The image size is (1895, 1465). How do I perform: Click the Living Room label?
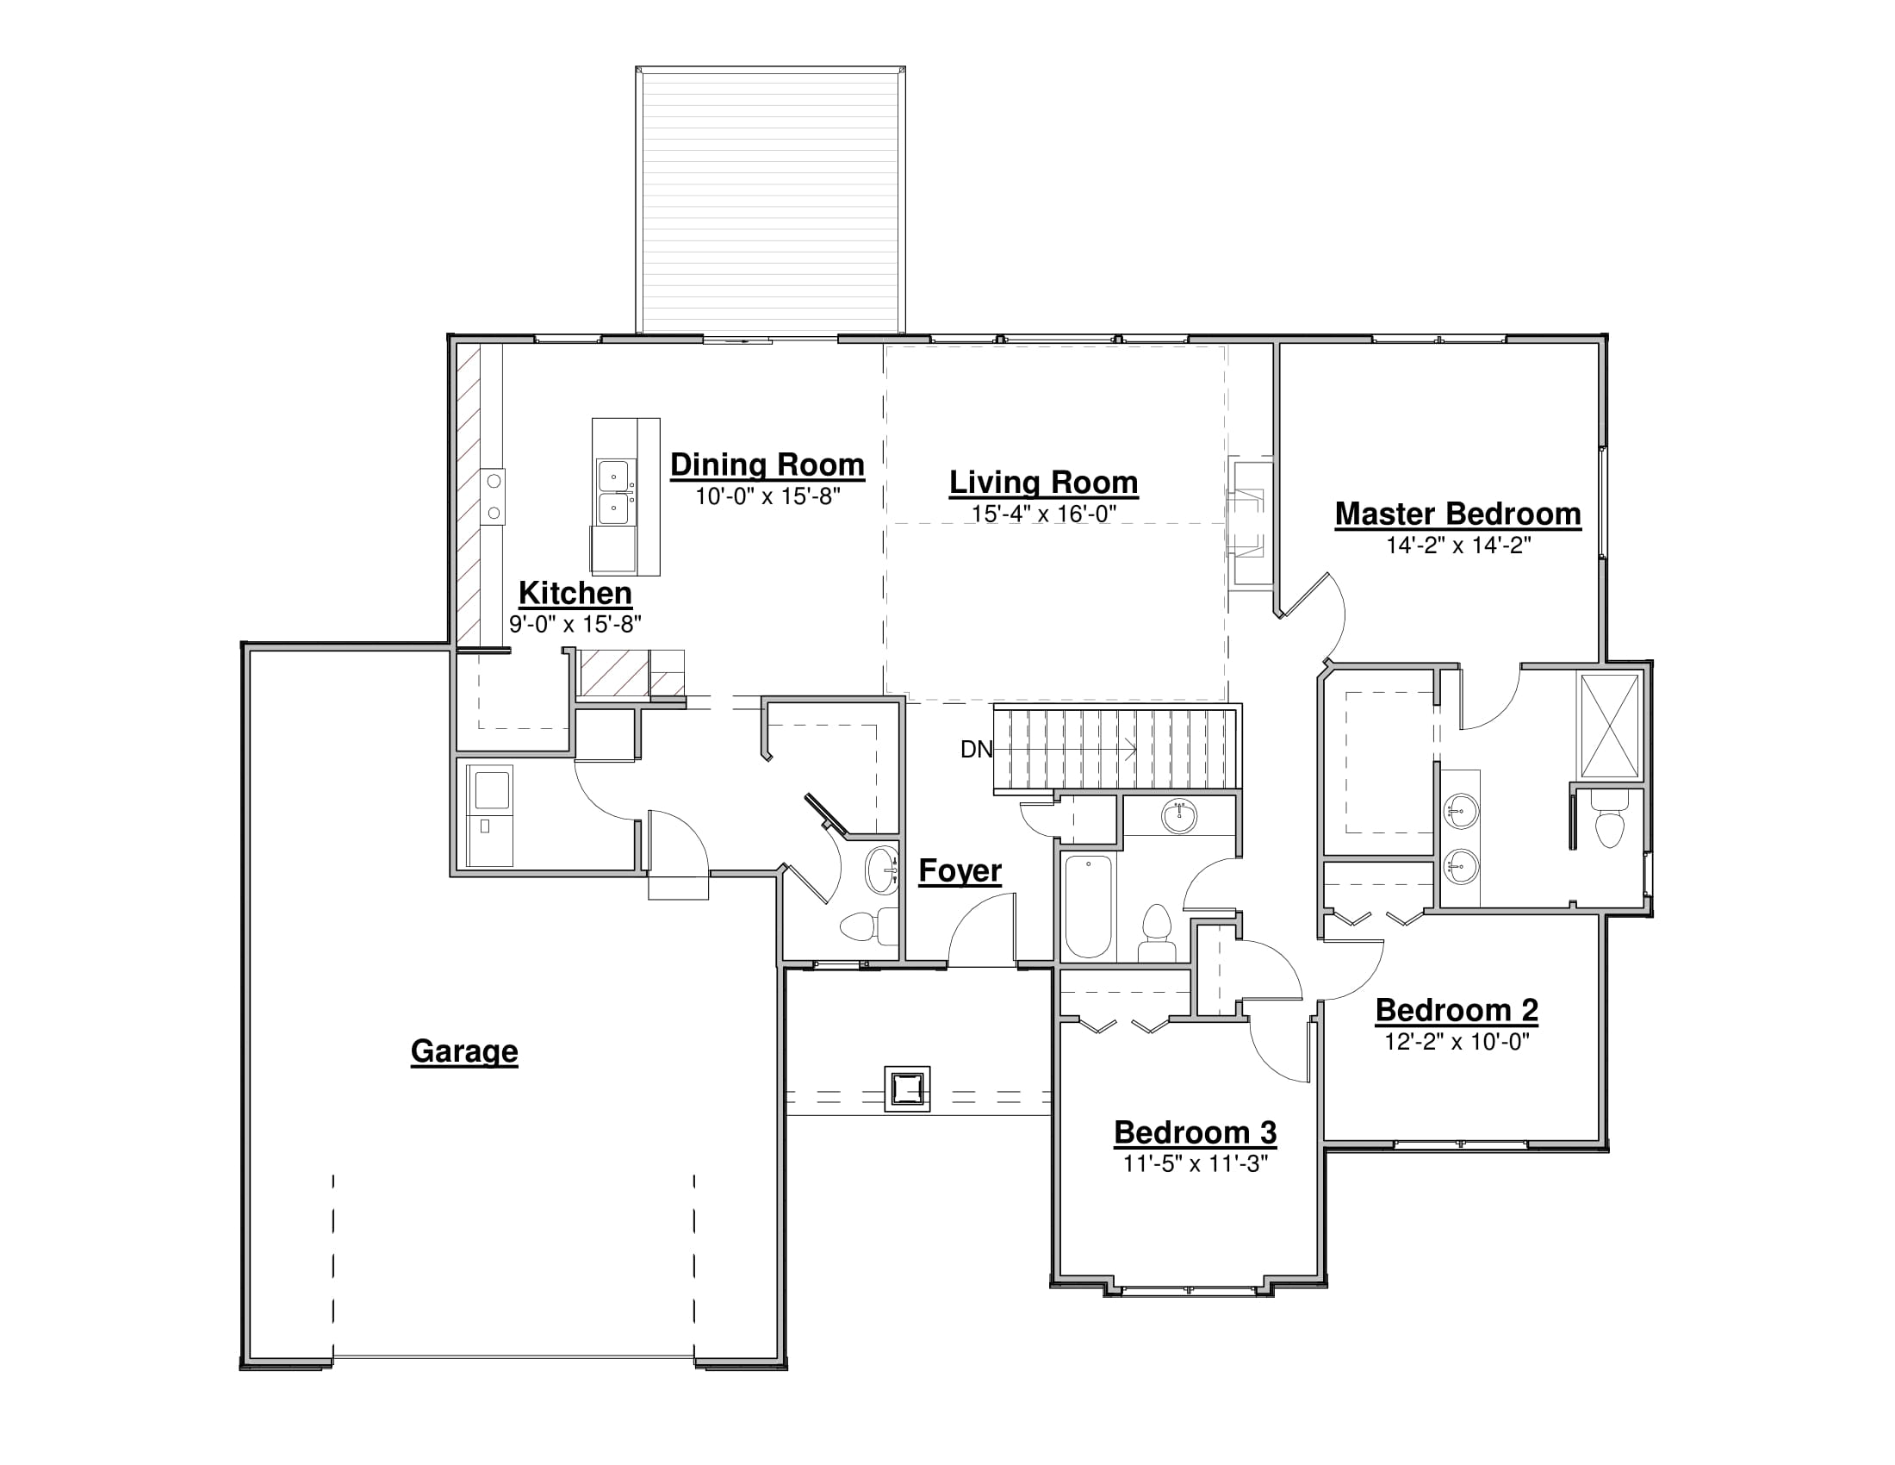[1043, 483]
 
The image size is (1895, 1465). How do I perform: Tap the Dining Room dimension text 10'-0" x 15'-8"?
[767, 496]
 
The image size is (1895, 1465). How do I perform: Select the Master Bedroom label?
[1457, 514]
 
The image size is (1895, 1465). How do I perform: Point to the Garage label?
[464, 1051]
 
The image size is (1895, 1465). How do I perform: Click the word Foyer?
[960, 870]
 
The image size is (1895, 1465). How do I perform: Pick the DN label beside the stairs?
[976, 749]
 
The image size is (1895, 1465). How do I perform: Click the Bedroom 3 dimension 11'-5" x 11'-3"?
[1196, 1164]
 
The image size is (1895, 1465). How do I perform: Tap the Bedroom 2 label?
[1457, 1010]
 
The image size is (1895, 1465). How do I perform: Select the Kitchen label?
[575, 594]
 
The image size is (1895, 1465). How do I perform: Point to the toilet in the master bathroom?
[1610, 823]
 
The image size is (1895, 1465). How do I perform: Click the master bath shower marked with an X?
[1610, 726]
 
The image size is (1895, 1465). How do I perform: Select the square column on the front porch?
[908, 1088]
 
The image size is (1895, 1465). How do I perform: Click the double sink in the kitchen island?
[615, 492]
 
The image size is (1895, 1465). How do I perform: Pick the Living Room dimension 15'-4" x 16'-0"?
[1043, 514]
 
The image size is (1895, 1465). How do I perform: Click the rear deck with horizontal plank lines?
[771, 199]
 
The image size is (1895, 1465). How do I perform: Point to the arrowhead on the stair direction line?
[1131, 749]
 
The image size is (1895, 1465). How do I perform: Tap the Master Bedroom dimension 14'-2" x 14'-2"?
[1457, 545]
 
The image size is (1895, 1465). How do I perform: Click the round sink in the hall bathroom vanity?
[1179, 816]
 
